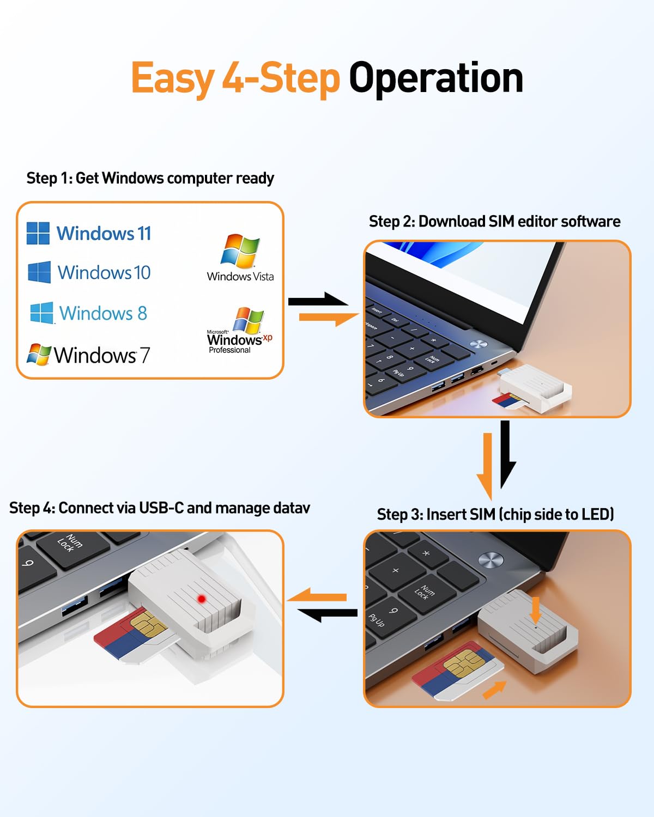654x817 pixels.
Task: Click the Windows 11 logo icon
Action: (38, 233)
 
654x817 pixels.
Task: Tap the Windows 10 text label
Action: (104, 272)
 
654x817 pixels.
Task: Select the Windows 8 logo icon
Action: (42, 313)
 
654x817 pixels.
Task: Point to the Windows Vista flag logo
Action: (240, 251)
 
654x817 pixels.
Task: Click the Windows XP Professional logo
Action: (240, 331)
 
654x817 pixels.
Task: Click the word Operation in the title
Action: (436, 78)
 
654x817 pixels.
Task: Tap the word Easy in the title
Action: (173, 79)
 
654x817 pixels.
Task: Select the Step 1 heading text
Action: (150, 178)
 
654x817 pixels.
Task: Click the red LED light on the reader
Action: (202, 599)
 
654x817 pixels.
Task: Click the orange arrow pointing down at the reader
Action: (535, 610)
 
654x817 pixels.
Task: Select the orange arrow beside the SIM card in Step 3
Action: (494, 690)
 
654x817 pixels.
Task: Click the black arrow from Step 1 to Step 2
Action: (318, 300)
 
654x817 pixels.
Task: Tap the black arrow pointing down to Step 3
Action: (506, 454)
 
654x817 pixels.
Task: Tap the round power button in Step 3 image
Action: (491, 559)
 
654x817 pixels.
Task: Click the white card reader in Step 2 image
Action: (535, 388)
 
